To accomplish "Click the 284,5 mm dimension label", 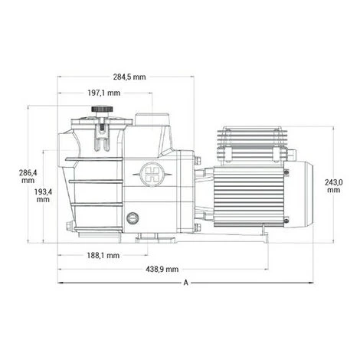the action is coord(129,77).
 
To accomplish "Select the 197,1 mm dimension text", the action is coord(104,93).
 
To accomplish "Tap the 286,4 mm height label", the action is coord(28,176).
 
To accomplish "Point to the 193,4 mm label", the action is coord(43,195).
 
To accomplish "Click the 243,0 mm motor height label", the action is coord(334,186).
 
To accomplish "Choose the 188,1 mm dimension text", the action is coord(103,255).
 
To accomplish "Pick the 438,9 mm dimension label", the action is coord(162,269).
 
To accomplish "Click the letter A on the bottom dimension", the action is coord(186,283).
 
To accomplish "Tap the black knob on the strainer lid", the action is coord(102,109).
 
